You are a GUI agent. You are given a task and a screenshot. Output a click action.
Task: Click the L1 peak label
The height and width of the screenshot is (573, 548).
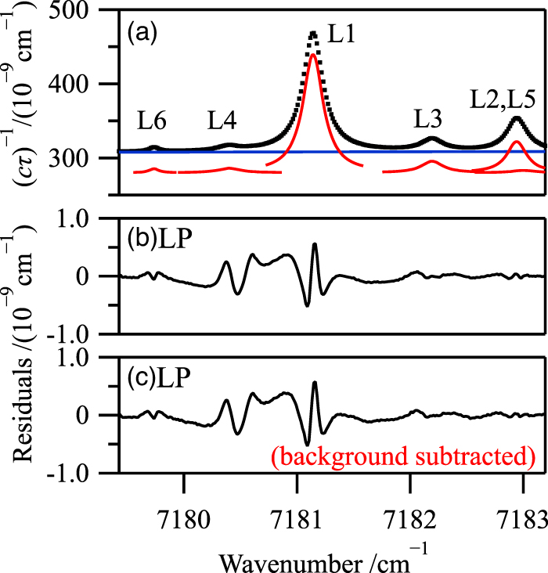click(x=343, y=37)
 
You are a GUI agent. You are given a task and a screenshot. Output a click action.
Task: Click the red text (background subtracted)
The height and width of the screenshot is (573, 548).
click(x=402, y=455)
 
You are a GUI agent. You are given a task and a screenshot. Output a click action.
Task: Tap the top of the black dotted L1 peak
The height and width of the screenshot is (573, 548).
click(x=312, y=34)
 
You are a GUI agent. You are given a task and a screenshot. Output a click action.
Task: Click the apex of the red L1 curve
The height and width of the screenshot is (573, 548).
click(x=312, y=55)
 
